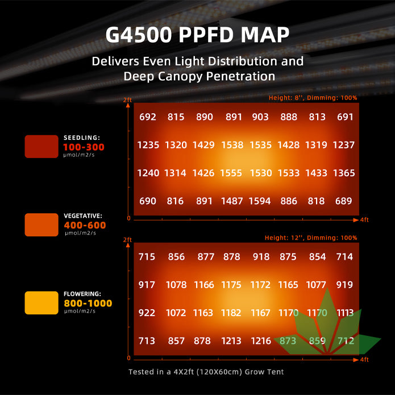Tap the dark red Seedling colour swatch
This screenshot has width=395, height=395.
(41, 146)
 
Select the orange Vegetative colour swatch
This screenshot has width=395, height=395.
(41, 224)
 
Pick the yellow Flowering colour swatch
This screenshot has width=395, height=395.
(41, 302)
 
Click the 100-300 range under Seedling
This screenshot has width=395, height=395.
(84, 147)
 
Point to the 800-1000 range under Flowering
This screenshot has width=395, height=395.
(88, 303)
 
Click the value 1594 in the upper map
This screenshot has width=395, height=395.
(260, 201)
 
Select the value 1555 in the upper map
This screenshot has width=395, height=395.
(232, 173)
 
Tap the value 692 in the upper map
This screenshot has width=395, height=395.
(147, 117)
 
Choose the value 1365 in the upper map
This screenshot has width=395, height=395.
(344, 173)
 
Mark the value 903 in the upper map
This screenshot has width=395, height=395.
(260, 117)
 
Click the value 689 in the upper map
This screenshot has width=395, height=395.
(344, 201)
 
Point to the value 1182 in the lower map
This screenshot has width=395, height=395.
(232, 313)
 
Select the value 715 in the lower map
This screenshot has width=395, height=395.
(147, 257)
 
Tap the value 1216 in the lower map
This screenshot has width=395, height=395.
(261, 341)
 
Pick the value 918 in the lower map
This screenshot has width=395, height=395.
(261, 257)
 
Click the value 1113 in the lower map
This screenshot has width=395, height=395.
(344, 313)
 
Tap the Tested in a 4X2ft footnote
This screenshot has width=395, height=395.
(206, 372)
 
